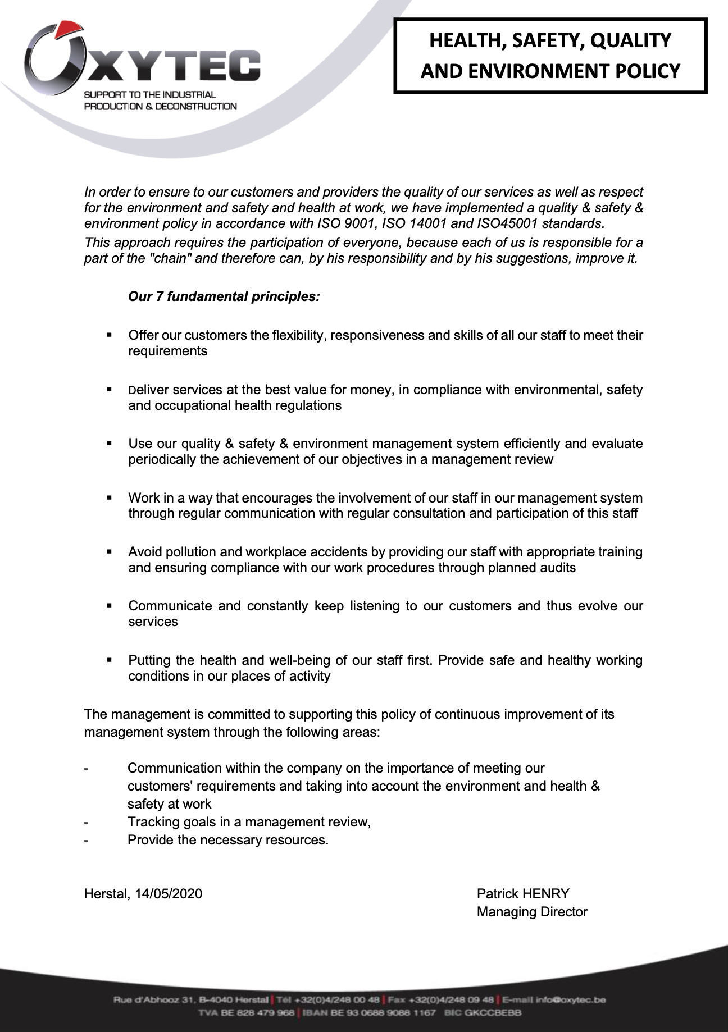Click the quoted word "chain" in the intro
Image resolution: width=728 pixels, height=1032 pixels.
click(x=171, y=259)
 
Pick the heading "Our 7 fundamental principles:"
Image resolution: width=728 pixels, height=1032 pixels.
click(x=224, y=296)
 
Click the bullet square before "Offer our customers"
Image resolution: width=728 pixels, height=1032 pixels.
click(x=110, y=335)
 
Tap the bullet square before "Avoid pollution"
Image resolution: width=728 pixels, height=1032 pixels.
click(x=110, y=552)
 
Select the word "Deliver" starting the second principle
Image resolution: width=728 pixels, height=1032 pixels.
click(x=148, y=390)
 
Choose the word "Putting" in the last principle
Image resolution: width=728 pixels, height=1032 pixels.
click(x=149, y=660)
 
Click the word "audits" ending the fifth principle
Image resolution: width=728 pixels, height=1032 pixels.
click(x=558, y=568)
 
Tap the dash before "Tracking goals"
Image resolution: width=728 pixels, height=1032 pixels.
click(x=86, y=822)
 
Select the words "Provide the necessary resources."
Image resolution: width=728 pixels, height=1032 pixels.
click(x=228, y=840)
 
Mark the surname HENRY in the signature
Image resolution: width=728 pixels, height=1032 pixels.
click(x=545, y=894)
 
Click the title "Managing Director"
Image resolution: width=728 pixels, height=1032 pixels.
click(x=531, y=912)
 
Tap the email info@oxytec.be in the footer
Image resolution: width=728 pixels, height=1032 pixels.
click(x=570, y=1000)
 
